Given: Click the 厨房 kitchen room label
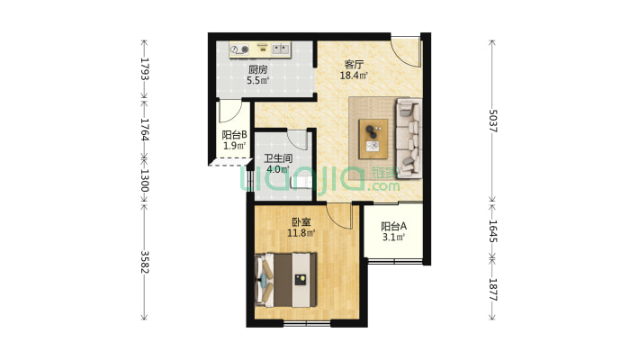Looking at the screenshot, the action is coord(258,69).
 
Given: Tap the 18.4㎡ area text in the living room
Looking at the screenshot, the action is coord(354,76).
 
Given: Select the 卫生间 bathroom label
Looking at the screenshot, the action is coord(278,158).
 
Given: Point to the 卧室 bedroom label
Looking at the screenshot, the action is coord(301,222).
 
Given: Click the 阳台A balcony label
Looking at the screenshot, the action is coord(393,226).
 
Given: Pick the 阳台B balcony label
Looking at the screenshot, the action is coord(234,134).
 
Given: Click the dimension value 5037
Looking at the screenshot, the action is coord(492,121).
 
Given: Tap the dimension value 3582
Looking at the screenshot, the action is coord(144,262).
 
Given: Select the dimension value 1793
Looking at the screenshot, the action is coord(144,69).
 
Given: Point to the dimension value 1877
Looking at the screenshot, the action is coord(492,290).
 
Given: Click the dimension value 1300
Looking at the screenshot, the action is coord(144,180).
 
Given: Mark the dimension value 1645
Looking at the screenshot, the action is coord(492,231).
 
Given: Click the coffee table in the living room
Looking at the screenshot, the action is coord(373,139).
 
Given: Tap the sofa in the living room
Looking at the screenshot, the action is coord(409,139).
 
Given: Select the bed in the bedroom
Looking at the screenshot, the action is coord(285,280).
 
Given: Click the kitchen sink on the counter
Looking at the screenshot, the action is coord(281,49).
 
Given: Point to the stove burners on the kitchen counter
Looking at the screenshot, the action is coord(239,49).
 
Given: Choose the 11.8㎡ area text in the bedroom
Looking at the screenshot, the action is coord(301,233).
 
